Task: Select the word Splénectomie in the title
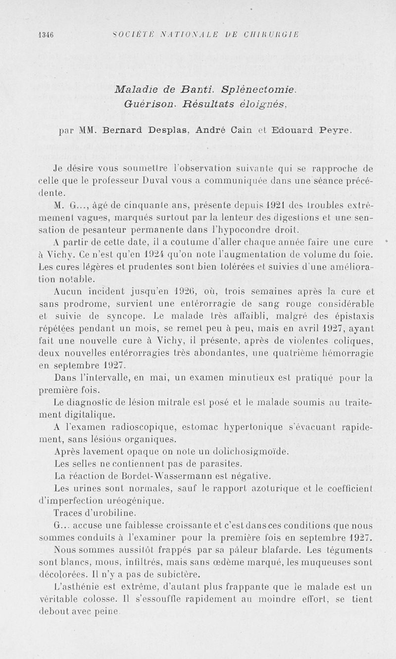[260, 90]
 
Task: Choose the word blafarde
[274, 550]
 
